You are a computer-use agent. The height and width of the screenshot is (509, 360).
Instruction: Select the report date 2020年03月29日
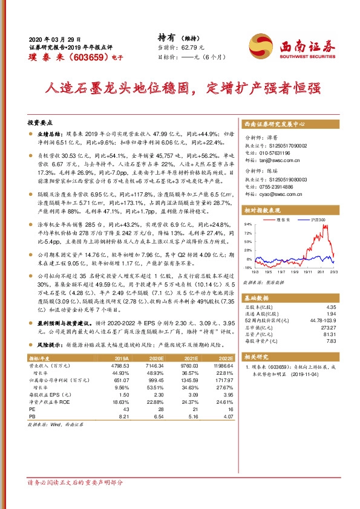pyautogui.click(x=54, y=38)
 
